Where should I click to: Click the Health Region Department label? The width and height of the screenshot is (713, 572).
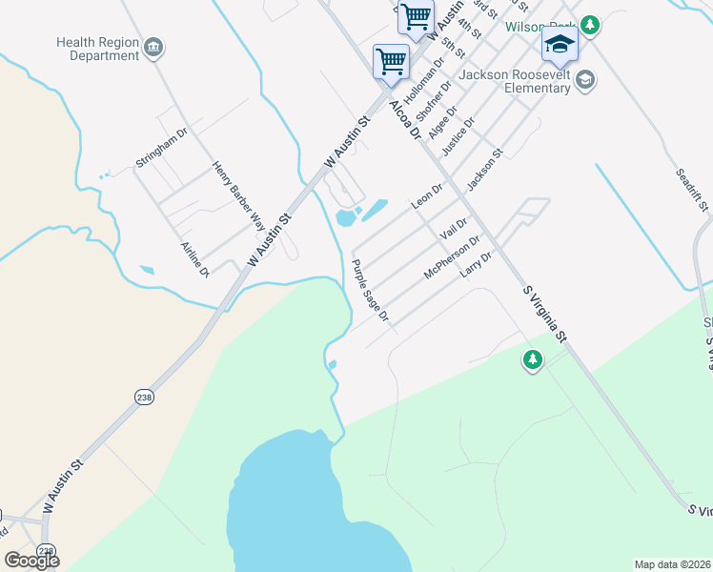[97, 49]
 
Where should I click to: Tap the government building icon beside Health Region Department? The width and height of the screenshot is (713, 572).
[153, 46]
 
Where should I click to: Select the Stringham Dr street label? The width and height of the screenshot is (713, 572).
[161, 148]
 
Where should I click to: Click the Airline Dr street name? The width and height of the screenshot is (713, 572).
[194, 259]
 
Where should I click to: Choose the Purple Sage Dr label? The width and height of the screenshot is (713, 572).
[370, 291]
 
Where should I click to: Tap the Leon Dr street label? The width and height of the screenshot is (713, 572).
[427, 196]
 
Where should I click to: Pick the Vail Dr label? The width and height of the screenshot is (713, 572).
[453, 229]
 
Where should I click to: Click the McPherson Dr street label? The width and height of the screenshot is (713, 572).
[452, 257]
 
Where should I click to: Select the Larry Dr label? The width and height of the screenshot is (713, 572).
[476, 264]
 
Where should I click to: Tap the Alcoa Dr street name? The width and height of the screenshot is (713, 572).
[405, 119]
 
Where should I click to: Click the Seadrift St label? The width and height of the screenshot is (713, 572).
[692, 190]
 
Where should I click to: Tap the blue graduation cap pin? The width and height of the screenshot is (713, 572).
[560, 44]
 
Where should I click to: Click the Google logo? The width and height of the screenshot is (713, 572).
[31, 560]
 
